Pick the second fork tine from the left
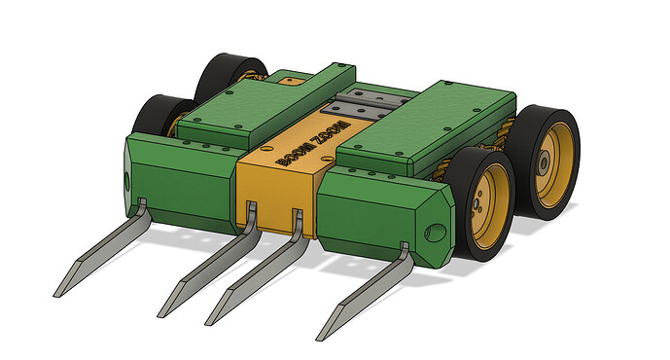[209, 263]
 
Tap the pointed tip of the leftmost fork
[58, 291]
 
